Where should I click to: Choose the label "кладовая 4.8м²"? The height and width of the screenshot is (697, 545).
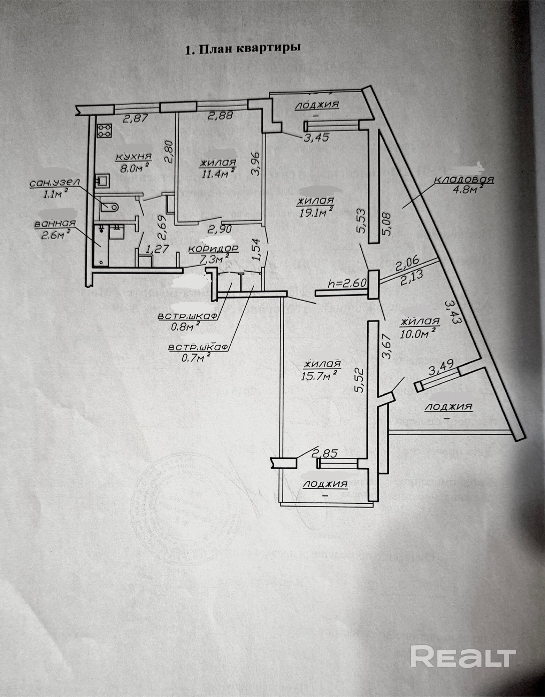464,184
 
